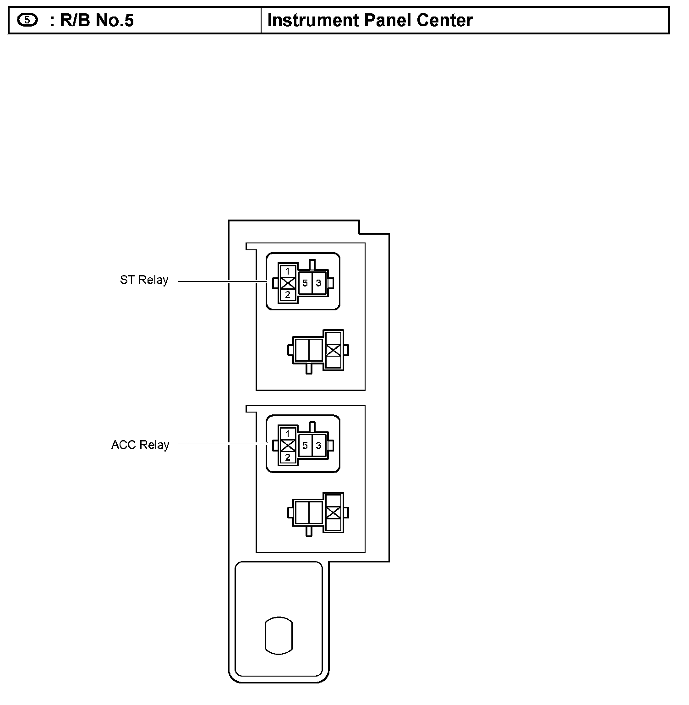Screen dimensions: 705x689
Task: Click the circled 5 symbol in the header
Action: tap(27, 20)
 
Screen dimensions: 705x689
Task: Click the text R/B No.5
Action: tap(96, 21)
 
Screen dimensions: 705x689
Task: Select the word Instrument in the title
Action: tap(311, 21)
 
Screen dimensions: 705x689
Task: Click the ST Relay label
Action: tap(144, 280)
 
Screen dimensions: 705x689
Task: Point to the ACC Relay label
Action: tap(140, 445)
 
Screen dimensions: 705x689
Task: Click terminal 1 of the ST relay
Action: tap(288, 271)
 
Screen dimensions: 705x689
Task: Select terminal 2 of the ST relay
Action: tap(288, 295)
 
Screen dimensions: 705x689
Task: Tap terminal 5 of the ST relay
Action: tap(305, 283)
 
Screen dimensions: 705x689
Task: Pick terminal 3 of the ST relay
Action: tap(319, 283)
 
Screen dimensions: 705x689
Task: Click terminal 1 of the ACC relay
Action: tap(288, 434)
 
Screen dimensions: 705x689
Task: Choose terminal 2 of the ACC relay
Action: tap(288, 457)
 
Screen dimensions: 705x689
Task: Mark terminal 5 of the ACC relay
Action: tap(305, 446)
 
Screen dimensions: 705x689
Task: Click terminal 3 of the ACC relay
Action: tap(319, 446)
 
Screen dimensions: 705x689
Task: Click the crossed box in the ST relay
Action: tap(288, 283)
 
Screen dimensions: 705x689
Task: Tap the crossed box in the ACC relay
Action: tap(288, 445)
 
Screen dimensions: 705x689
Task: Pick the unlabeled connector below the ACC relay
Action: tap(318, 512)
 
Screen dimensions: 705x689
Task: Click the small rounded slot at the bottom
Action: tap(279, 635)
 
